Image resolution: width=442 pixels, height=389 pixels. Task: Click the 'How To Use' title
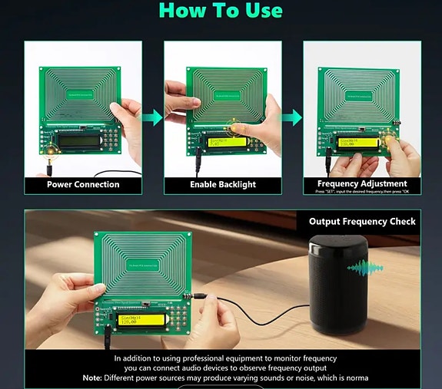221,11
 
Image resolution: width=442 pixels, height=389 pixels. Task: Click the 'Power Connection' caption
83,184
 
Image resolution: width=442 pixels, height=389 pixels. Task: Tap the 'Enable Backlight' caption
222,184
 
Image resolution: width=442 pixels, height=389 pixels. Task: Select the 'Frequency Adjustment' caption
362,183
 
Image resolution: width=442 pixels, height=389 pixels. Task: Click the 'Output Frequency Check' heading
362,221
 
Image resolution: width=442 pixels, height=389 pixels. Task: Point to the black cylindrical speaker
340,283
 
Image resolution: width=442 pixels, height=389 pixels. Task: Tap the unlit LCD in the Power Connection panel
78,140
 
